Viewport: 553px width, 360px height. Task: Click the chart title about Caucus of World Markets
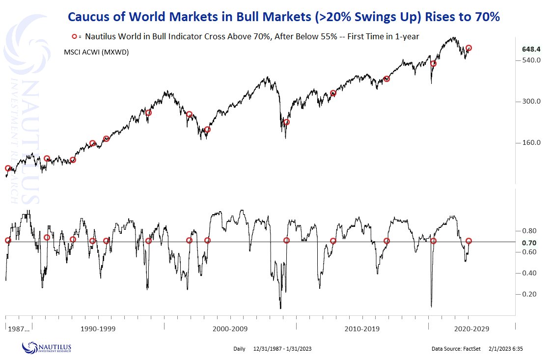point(283,17)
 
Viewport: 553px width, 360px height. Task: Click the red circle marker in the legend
point(75,36)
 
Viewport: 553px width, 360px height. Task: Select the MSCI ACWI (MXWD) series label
point(96,52)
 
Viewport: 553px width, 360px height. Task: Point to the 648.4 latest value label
point(531,49)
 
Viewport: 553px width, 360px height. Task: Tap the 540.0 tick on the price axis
point(531,60)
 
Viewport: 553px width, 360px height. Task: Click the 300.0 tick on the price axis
point(531,101)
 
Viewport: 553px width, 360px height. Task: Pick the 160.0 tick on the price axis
point(531,142)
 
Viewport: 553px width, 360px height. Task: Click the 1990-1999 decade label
point(98,329)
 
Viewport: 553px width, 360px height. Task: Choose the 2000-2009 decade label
point(230,329)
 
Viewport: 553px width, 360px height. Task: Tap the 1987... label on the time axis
point(19,329)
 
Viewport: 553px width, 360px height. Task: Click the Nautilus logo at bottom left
point(47,348)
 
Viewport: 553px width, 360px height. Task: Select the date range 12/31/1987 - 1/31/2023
point(282,349)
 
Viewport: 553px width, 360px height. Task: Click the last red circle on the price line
point(469,48)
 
